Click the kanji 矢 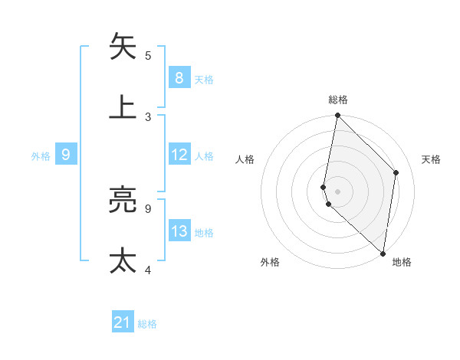(x=123, y=47)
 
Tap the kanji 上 (x=123, y=107)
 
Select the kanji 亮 (x=123, y=200)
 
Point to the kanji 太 (x=123, y=260)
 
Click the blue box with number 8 (x=179, y=77)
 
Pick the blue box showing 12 (x=179, y=155)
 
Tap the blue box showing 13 (x=179, y=231)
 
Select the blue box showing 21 (x=123, y=322)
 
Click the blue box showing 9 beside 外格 (x=66, y=155)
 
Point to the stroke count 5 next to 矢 (x=148, y=55)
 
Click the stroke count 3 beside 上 (x=148, y=116)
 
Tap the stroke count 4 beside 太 (x=148, y=270)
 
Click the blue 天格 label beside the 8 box (x=204, y=79)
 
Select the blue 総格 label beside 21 (x=147, y=324)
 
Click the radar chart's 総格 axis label (x=338, y=100)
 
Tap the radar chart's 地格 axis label (x=402, y=262)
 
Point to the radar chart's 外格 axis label (x=270, y=262)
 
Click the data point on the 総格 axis (x=337, y=116)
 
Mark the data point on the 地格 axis (x=383, y=254)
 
